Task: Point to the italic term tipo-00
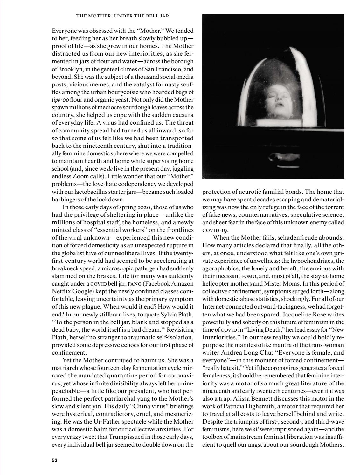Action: (60, 99)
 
